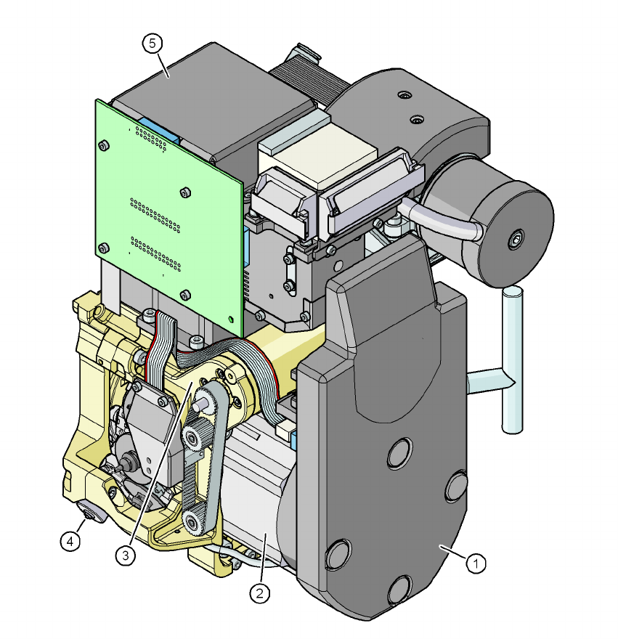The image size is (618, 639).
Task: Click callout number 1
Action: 476,563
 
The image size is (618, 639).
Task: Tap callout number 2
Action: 260,593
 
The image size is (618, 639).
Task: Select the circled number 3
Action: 125,555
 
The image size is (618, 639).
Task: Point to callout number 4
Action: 70,542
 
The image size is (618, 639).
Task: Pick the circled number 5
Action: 153,43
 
